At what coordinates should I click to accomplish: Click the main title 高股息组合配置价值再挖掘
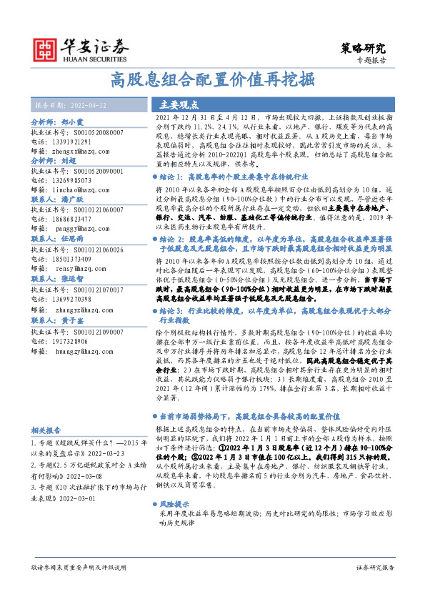212,80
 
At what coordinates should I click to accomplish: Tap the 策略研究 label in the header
364,49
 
